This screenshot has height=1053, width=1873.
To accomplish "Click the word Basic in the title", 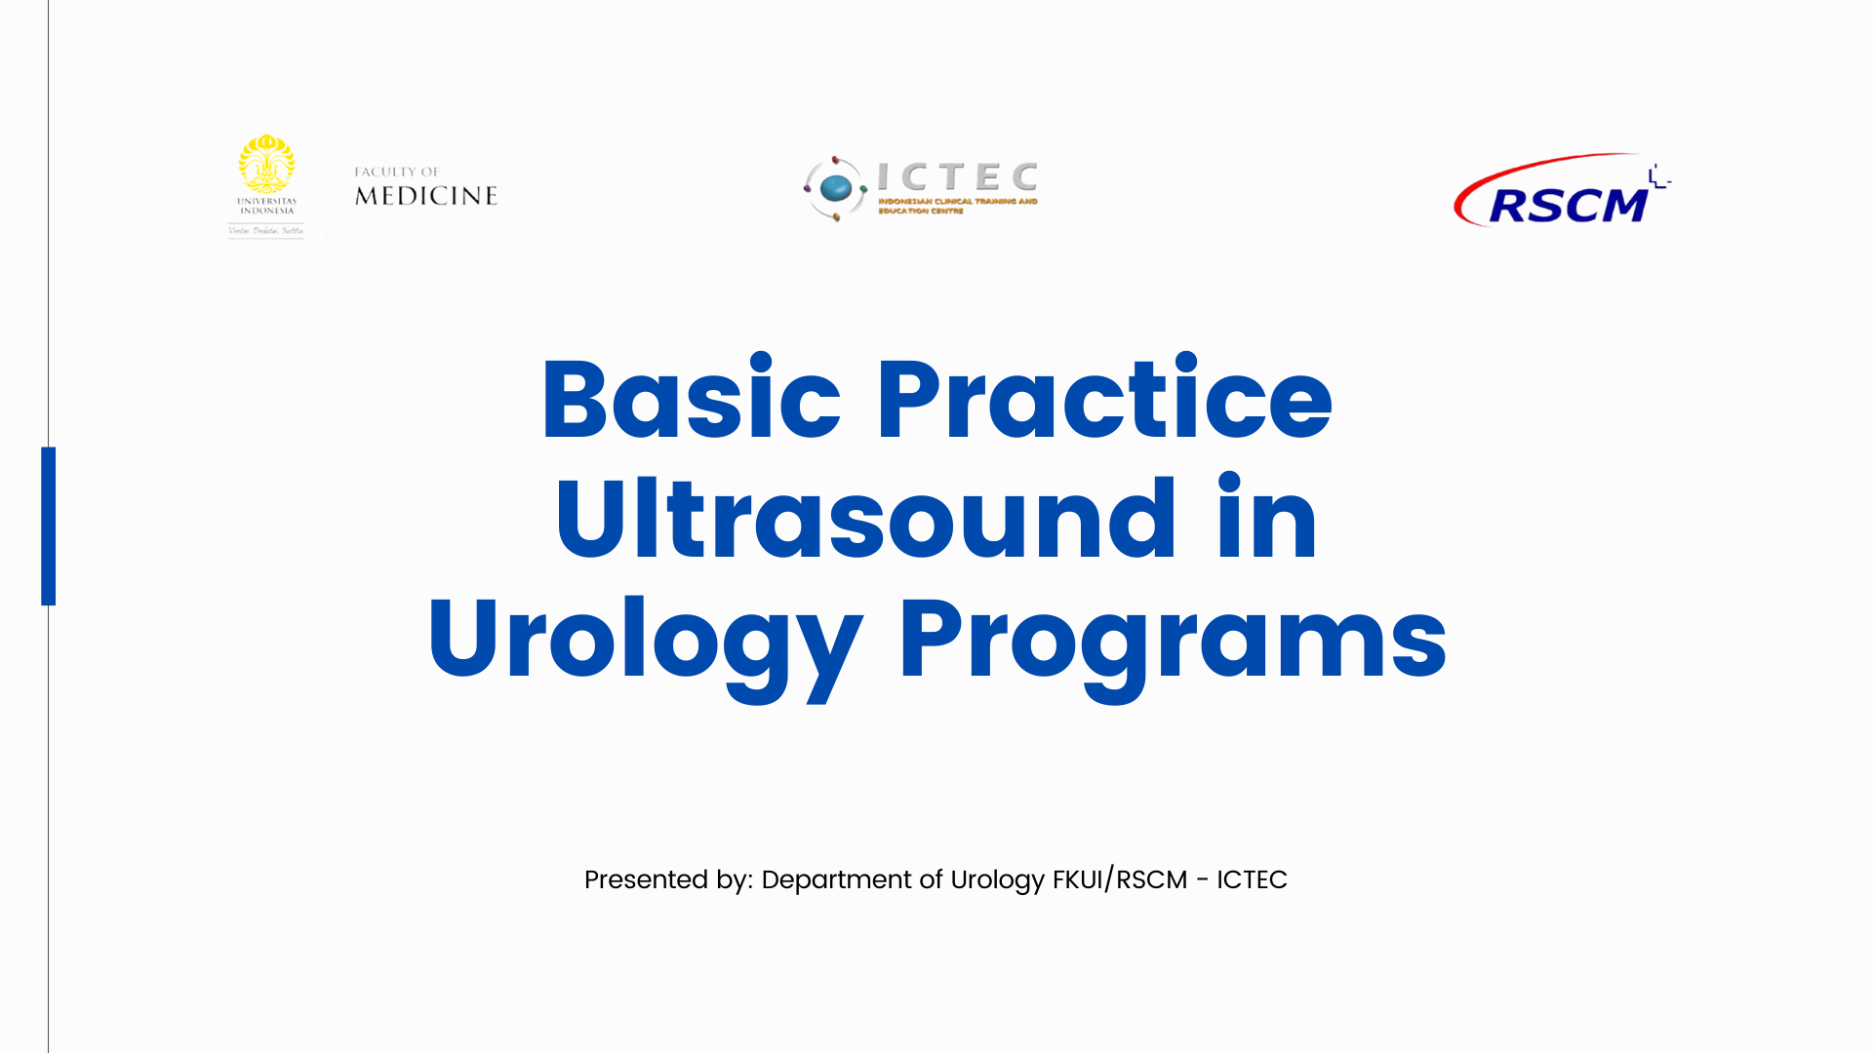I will [x=691, y=400].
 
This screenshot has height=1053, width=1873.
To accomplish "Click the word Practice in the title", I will [x=1103, y=400].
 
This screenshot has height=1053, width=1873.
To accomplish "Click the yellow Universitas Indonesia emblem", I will [x=266, y=164].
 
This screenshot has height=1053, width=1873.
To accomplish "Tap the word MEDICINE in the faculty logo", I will [x=426, y=196].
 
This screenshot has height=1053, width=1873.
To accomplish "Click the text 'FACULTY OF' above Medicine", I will [x=397, y=172].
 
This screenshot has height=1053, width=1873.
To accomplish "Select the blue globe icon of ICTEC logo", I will [x=836, y=188].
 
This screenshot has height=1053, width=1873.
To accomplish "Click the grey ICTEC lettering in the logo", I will [x=957, y=177].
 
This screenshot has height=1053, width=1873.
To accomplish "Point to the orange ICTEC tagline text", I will [x=956, y=206].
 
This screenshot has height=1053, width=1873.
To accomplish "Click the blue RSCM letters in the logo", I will [x=1567, y=206].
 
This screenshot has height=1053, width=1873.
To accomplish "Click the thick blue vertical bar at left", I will [x=49, y=526].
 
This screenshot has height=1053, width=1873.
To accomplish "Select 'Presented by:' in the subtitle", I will [x=668, y=879].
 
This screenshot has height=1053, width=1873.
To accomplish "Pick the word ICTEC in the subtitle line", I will [x=1252, y=879].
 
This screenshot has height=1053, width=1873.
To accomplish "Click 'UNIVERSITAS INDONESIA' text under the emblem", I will [x=266, y=206].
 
